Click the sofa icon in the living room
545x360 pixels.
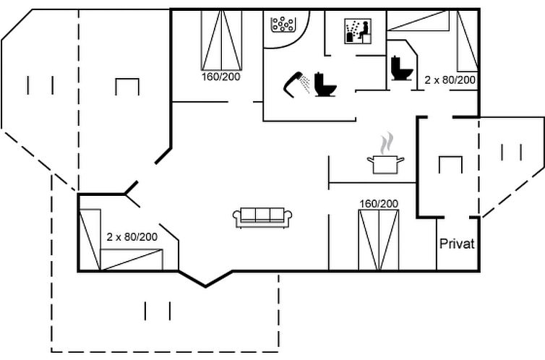pyautogui.click(x=262, y=217)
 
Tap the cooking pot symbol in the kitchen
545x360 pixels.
pyautogui.click(x=385, y=163)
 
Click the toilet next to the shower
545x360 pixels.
pyautogui.click(x=325, y=85)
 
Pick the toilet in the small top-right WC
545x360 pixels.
pyautogui.click(x=401, y=68)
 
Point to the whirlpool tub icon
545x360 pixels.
pyautogui.click(x=283, y=25)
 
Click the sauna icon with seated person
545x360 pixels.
pyautogui.click(x=358, y=31)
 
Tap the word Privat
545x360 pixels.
pyautogui.click(x=457, y=244)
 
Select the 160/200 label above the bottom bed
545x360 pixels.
pyautogui.click(x=379, y=204)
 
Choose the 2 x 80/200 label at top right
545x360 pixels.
pyautogui.click(x=450, y=80)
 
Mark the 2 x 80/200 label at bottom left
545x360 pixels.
pyautogui.click(x=132, y=236)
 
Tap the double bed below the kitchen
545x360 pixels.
pyautogui.click(x=379, y=239)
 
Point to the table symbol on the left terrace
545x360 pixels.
pyautogui.click(x=126, y=86)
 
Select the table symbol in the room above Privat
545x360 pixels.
pyautogui.click(x=450, y=164)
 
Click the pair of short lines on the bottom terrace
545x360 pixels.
pyautogui.click(x=157, y=311)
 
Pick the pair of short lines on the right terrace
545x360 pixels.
pyautogui.click(x=511, y=152)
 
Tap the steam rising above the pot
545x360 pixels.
pyautogui.click(x=387, y=141)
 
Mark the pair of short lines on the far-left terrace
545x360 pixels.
pyautogui.click(x=40, y=85)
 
